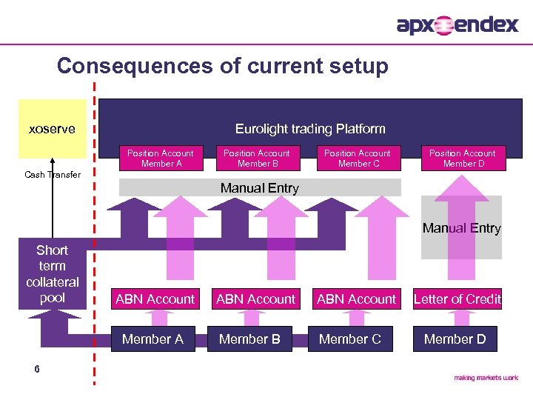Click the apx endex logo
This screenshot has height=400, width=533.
457,25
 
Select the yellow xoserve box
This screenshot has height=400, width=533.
52,129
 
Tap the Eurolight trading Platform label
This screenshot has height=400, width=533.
310,129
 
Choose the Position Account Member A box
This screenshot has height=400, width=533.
160,159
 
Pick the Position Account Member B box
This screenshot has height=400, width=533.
257,159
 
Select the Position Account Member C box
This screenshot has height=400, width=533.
358,159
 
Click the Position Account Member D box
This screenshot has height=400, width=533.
463,159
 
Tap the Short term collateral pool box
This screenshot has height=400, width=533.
52,274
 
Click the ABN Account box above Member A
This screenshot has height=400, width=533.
155,299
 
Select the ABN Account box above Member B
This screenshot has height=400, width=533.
255,299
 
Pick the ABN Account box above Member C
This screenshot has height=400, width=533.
356,299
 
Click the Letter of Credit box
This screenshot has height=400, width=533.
457,299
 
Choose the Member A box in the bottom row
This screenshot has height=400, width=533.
152,339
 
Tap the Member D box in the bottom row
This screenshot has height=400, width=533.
455,339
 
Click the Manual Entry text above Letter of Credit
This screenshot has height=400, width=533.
461,228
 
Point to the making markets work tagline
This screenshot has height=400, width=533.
486,378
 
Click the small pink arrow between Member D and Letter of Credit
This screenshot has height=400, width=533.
455,318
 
